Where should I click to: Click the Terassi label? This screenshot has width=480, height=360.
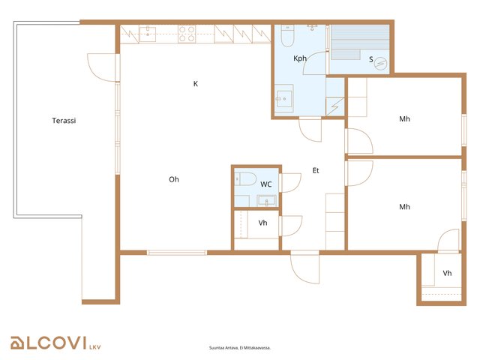pos(64,121)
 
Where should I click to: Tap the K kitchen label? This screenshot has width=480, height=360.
pos(196,83)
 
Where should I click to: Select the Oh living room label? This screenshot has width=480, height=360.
pos(174,179)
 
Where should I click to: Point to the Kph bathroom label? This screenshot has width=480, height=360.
pos(300,58)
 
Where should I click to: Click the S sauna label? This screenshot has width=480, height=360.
pos(371,59)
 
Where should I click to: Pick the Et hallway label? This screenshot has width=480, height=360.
pos(316,170)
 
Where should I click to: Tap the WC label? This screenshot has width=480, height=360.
pos(266,184)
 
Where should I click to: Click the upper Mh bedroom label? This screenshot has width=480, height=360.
pos(405,118)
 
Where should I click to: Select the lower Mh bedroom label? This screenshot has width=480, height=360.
pos(405,207)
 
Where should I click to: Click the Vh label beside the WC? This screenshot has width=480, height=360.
pos(263,223)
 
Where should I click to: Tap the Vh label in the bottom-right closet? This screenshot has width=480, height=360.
pos(447,273)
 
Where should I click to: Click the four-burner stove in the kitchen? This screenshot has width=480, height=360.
pos(187,34)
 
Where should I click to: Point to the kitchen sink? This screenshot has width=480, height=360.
pos(148,34)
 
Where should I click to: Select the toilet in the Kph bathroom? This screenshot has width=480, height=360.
pos(287,36)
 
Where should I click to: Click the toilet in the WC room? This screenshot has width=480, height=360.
pos(245,179)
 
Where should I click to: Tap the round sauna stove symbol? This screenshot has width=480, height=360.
pos(380,64)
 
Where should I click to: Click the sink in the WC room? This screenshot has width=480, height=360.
pos(267,201)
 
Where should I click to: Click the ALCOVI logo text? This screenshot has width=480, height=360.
pos(48,343)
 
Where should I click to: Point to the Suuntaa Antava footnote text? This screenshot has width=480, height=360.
pos(240,348)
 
